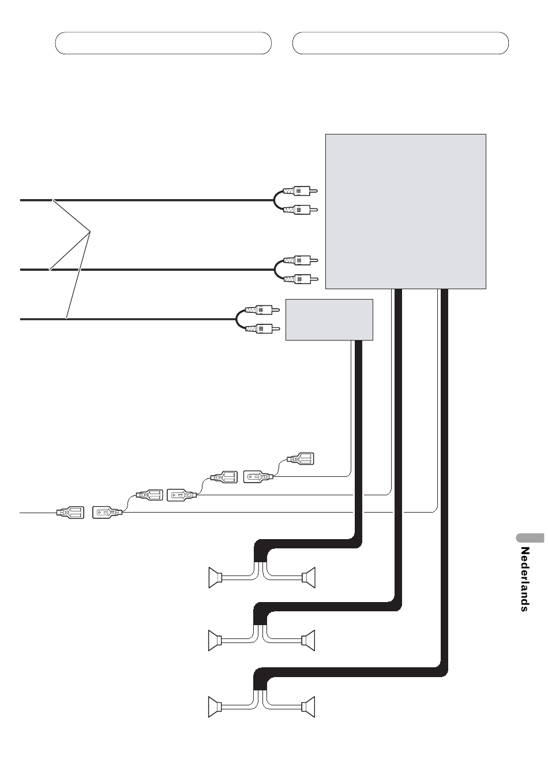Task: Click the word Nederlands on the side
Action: pyautogui.click(x=524, y=579)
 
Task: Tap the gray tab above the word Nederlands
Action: pyautogui.click(x=527, y=537)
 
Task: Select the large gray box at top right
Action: pyautogui.click(x=406, y=211)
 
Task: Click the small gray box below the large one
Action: pyautogui.click(x=329, y=320)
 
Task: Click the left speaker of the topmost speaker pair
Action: pyautogui.click(x=216, y=577)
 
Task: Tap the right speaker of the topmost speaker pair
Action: pyautogui.click(x=309, y=577)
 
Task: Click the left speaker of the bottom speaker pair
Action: pyautogui.click(x=216, y=707)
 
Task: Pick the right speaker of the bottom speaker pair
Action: pyautogui.click(x=309, y=707)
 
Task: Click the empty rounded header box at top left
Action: pyautogui.click(x=163, y=43)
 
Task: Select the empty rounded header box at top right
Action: pyautogui.click(x=400, y=43)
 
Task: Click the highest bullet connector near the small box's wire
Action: pyautogui.click(x=301, y=459)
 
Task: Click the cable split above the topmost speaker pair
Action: pyautogui.click(x=260, y=556)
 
